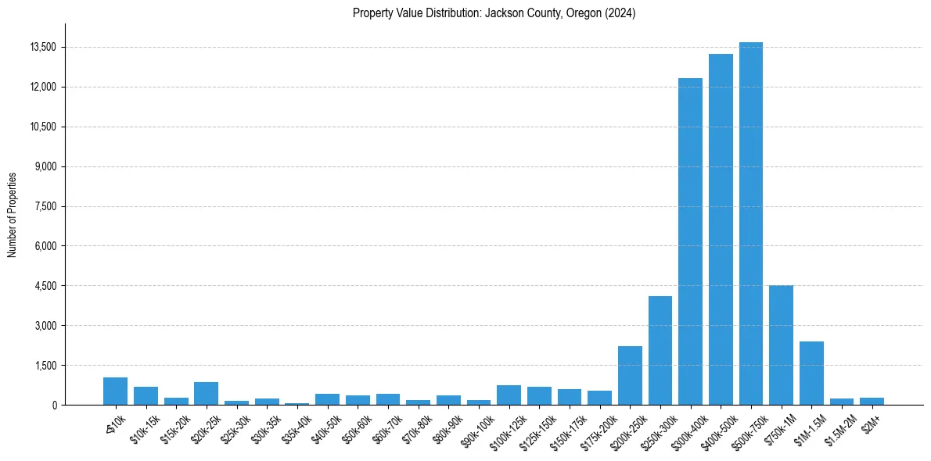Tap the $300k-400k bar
(x=690, y=241)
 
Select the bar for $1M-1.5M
(x=811, y=373)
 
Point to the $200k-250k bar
(x=630, y=376)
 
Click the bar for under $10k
(x=115, y=391)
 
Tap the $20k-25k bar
(x=206, y=394)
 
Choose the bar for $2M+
(x=872, y=402)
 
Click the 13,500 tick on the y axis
(x=42, y=47)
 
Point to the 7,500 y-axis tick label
(x=45, y=206)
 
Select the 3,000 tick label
(x=45, y=325)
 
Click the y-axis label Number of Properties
(x=13, y=214)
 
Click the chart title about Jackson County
(x=494, y=13)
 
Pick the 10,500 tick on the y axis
(x=42, y=127)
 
